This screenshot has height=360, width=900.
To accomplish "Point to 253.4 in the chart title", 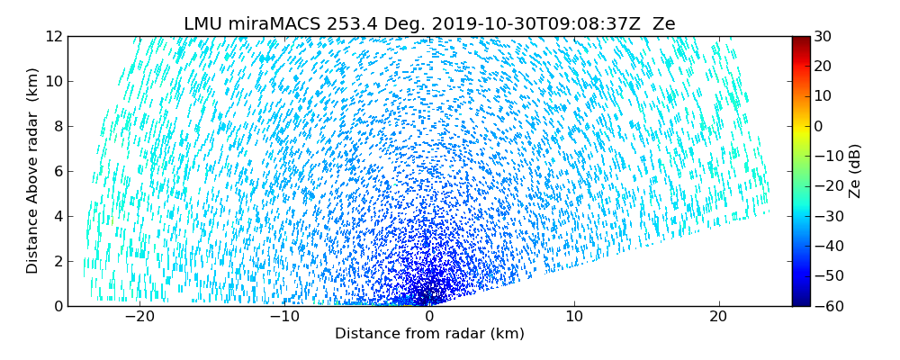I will [344, 24].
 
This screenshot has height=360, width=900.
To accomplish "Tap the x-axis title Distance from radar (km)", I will [429, 334].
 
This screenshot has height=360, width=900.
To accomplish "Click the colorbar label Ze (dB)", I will [855, 171].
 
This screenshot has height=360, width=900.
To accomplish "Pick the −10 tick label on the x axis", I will [284, 317].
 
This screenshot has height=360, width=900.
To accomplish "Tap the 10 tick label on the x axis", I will [573, 317].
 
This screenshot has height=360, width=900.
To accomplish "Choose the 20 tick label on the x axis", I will [718, 317].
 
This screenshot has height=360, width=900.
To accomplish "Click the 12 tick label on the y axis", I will [53, 36].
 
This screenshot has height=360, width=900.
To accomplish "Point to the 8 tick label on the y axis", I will [58, 126].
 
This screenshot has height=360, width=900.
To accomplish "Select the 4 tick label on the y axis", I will [58, 216].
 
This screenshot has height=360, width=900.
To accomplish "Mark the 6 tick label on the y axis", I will [58, 171].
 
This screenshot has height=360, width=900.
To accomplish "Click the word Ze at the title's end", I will [663, 24].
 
